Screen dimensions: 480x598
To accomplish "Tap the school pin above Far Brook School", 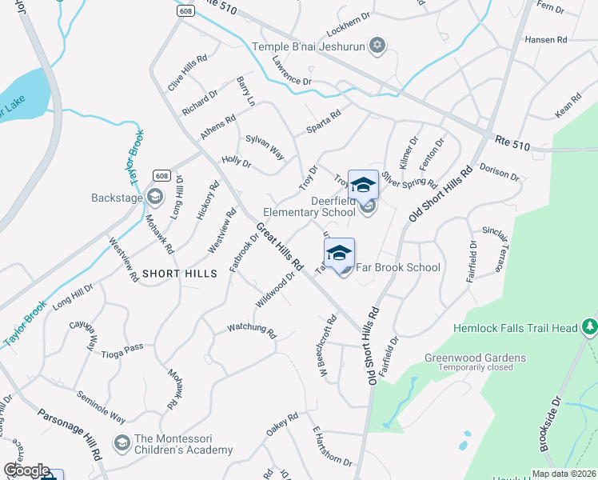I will pyautogui.click(x=339, y=253).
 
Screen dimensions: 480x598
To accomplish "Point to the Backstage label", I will pyautogui.click(x=117, y=197).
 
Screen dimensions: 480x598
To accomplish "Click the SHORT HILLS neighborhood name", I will pyautogui.click(x=180, y=274).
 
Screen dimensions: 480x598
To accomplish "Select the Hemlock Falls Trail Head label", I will pyautogui.click(x=515, y=328).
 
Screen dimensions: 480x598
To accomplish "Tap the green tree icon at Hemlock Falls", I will pyautogui.click(x=590, y=326).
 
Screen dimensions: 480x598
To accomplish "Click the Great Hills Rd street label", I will pyautogui.click(x=281, y=246).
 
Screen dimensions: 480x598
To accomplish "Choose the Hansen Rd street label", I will pyautogui.click(x=545, y=39).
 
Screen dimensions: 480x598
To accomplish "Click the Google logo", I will pyautogui.click(x=26, y=470).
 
